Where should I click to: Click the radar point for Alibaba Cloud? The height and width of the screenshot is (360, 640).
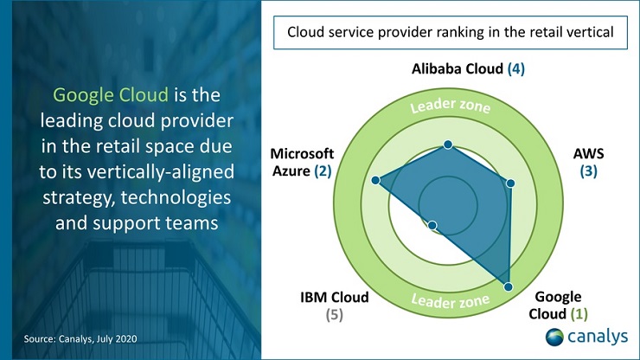448,145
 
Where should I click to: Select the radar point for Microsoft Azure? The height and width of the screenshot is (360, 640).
375,180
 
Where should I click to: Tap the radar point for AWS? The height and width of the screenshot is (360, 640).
510,183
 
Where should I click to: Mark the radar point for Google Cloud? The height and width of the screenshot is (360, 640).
509,286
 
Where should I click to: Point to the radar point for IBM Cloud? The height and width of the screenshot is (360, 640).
433,226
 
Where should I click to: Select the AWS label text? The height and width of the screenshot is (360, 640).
589,153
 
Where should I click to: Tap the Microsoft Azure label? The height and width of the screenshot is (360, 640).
302,162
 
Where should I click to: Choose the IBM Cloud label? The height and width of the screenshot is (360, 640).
334,297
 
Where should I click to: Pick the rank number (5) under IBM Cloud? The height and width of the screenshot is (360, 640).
334,314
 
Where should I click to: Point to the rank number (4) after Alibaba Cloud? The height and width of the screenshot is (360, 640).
516,67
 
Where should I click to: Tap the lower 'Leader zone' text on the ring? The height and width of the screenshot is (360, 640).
450,301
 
